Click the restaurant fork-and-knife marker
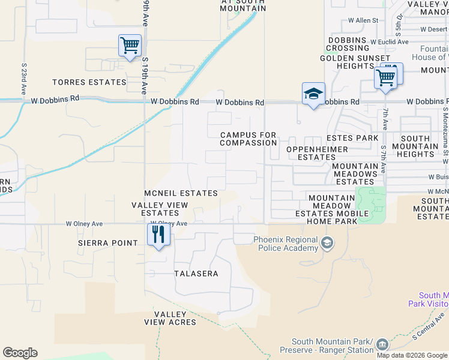tap(158, 234)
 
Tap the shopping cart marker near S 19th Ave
tap(130, 46)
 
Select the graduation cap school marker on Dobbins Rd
tap(313, 94)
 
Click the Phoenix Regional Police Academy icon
tap(327, 243)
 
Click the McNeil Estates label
tap(181, 193)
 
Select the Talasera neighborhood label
tap(195, 274)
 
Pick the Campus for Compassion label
tap(249, 139)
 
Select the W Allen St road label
tap(367, 20)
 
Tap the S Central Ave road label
tap(429, 327)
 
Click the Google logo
tap(20, 353)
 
